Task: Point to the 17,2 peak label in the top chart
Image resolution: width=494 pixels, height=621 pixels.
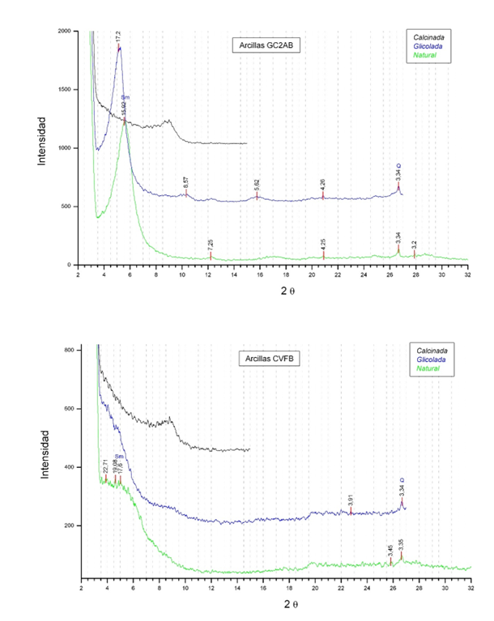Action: coord(118,36)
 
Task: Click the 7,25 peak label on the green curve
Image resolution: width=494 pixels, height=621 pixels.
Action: coord(211,244)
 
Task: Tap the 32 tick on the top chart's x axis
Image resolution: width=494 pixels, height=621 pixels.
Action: coord(467,276)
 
